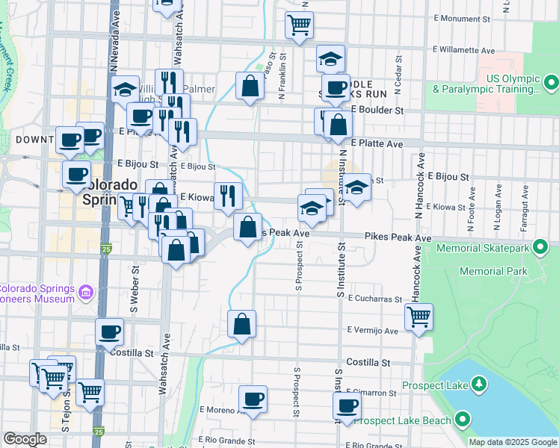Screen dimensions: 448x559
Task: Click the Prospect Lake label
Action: [435, 385]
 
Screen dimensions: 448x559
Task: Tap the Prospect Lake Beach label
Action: [403, 420]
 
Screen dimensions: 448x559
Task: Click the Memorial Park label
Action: [493, 271]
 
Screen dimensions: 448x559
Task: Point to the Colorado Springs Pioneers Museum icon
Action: [87, 292]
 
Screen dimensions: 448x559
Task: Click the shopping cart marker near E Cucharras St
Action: [419, 317]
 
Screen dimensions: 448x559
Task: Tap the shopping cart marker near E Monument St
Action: [299, 25]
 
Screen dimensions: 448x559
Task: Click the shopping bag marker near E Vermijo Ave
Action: [241, 324]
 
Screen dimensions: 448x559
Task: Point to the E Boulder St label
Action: [377, 110]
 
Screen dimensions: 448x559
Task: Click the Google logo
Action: [25, 439]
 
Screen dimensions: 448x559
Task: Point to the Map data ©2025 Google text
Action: [513, 442]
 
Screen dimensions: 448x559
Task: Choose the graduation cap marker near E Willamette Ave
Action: [330, 59]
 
